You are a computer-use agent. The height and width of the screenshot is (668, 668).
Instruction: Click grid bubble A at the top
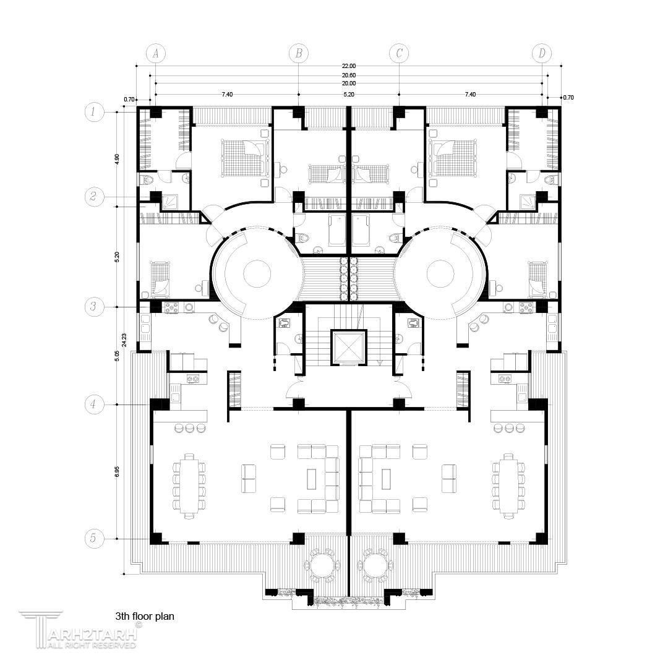(155, 53)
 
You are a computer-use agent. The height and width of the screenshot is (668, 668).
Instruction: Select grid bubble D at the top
(542, 53)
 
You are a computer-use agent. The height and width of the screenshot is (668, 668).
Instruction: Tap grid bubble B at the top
(299, 53)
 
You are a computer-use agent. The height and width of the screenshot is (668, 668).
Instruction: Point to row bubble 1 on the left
(94, 112)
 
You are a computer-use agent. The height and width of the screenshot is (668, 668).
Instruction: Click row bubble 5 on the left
(94, 539)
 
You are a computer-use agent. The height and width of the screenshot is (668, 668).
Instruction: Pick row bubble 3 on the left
(94, 307)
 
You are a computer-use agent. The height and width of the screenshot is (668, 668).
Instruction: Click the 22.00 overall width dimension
(348, 66)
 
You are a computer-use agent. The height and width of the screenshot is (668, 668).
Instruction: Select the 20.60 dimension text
(348, 75)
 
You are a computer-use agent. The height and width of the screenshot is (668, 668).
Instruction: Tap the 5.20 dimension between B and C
(348, 95)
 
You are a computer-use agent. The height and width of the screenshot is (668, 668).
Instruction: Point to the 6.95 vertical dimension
(117, 471)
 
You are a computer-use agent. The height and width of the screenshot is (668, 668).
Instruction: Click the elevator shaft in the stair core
(348, 347)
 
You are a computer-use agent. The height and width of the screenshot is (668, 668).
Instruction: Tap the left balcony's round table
(321, 566)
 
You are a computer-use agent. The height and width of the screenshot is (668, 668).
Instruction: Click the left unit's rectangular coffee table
(312, 478)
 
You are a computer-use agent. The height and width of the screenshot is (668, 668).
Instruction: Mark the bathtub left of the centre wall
(336, 230)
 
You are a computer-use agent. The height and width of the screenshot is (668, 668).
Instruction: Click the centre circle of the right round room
(440, 274)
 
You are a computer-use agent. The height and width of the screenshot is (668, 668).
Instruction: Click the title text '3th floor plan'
(144, 616)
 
